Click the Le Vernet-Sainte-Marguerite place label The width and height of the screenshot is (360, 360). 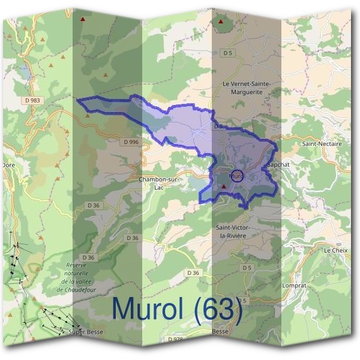point(246,88)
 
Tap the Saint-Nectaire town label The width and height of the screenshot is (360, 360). point(322,144)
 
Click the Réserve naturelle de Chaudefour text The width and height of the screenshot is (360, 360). point(76,277)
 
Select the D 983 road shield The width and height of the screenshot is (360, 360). point(33,100)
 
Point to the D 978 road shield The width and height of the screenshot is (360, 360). point(176,340)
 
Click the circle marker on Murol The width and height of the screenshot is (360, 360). point(237,176)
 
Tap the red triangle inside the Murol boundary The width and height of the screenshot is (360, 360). point(224,187)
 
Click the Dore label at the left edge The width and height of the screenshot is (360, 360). point(8,164)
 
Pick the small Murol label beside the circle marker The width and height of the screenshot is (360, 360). point(235,176)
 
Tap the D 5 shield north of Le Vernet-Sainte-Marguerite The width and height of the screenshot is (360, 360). point(227,53)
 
